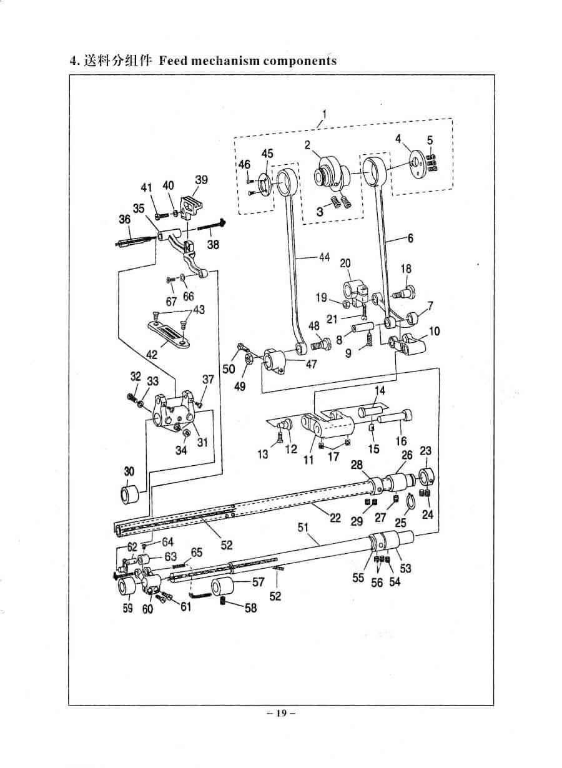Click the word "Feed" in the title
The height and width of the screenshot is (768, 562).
click(173, 61)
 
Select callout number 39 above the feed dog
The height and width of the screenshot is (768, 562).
click(202, 180)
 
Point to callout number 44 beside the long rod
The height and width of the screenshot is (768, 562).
click(324, 257)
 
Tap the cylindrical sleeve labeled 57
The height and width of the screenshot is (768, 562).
click(222, 587)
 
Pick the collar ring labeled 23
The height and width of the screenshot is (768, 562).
click(425, 478)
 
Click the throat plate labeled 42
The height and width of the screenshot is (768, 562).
click(170, 333)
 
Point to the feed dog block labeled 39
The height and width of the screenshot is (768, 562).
click(190, 209)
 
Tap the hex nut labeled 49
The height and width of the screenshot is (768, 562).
click(249, 359)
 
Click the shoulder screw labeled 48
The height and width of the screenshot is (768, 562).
click(320, 343)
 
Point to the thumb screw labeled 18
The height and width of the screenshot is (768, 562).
click(404, 292)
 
